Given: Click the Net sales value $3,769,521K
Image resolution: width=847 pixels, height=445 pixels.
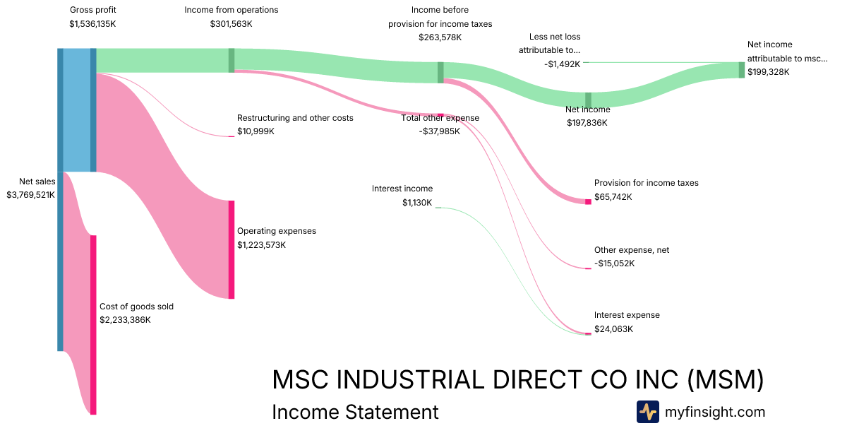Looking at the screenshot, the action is pos(31,194).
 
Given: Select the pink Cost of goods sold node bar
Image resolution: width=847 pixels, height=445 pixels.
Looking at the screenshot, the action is pos(93,325).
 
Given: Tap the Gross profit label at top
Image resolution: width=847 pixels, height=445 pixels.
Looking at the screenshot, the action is pos(93,10).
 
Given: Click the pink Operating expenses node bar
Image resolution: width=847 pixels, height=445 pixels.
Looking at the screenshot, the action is pos(231,249).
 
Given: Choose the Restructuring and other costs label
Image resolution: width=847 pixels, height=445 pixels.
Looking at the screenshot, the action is pos(295,118).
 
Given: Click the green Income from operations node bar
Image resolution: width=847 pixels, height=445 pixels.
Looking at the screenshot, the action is pos(231,60).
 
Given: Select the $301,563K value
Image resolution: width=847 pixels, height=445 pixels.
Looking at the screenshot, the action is pos(231,24).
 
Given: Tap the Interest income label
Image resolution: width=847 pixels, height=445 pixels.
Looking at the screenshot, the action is pos(402,189).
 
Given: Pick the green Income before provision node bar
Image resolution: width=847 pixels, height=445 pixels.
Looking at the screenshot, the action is pos(440,72).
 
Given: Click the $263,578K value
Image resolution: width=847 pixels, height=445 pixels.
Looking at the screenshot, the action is pos(440,37).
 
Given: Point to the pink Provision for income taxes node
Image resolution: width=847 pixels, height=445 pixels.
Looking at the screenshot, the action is pos(587,202).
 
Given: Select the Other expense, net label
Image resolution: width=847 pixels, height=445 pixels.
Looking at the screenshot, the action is pos(632,250).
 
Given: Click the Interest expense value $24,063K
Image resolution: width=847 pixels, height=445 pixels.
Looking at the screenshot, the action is pos(613,328).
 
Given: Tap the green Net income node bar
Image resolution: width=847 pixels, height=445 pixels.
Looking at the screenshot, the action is pos(588,100).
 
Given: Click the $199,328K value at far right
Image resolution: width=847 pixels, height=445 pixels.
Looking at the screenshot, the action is pos(769,72).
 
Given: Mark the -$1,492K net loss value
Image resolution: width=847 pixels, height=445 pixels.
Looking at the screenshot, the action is pos(562,64).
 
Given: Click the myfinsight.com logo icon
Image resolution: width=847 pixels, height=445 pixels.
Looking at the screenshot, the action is pos(647,412).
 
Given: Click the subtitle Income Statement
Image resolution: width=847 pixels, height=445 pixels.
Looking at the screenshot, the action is pos(355,412).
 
